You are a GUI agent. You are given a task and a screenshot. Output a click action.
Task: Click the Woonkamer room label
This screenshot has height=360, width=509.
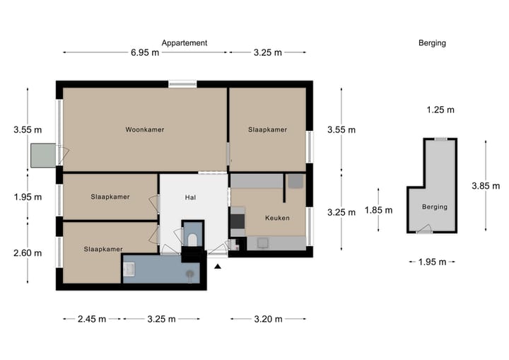[145, 129]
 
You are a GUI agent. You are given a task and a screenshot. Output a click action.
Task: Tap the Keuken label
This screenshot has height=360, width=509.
[277, 218]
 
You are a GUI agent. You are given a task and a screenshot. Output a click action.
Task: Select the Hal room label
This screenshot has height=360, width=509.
[190, 197]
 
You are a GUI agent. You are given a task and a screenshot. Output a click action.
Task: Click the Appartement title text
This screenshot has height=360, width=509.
[185, 43]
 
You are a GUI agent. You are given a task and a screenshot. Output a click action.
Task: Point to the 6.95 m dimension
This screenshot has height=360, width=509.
[145, 52]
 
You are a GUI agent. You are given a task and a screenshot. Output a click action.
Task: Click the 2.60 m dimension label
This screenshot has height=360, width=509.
[28, 252]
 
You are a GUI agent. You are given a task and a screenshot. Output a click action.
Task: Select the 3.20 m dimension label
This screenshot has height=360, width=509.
[268, 319]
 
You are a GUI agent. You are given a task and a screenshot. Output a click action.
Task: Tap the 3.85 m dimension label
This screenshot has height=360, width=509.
[486, 186]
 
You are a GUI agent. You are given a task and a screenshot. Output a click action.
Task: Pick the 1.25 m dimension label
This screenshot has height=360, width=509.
[440, 110]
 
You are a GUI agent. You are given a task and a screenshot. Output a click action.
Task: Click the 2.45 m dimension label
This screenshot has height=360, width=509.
[92, 319]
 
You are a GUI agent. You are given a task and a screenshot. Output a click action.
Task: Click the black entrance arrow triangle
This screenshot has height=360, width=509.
[218, 267]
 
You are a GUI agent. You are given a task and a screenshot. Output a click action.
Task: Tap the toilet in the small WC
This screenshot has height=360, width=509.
[192, 240]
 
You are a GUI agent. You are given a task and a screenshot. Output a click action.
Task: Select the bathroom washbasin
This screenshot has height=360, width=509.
[129, 269]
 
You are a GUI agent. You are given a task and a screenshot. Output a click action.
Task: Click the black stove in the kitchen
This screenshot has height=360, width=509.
[238, 221]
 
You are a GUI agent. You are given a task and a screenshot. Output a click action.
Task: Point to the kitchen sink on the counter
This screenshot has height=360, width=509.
[262, 243]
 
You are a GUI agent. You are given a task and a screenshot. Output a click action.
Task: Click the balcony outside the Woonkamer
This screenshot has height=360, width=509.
[43, 156]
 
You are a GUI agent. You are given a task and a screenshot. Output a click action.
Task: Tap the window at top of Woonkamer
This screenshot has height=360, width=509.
[182, 84]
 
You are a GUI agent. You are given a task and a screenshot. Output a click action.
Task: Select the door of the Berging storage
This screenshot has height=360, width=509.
[425, 229]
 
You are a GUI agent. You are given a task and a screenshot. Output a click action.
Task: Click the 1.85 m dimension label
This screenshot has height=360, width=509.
[378, 210]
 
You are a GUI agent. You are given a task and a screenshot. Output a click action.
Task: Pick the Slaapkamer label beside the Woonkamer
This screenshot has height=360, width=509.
[267, 129]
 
